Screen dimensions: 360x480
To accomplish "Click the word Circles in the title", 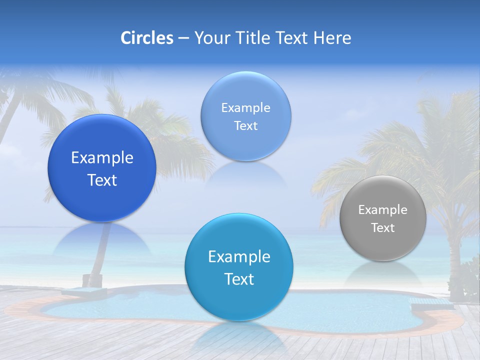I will (x=146, y=38).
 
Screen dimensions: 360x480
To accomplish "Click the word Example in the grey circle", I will (x=383, y=209).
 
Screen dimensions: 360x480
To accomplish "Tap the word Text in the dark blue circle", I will (x=102, y=180).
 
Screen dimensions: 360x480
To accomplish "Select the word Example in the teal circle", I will (x=239, y=256).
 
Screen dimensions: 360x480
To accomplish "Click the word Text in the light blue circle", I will (x=245, y=126).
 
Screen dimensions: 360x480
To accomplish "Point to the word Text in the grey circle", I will (x=383, y=228).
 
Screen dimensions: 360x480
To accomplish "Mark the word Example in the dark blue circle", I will (x=102, y=158).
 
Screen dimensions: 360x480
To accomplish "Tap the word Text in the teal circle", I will (x=239, y=279).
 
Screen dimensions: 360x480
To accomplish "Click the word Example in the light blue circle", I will (x=245, y=107).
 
